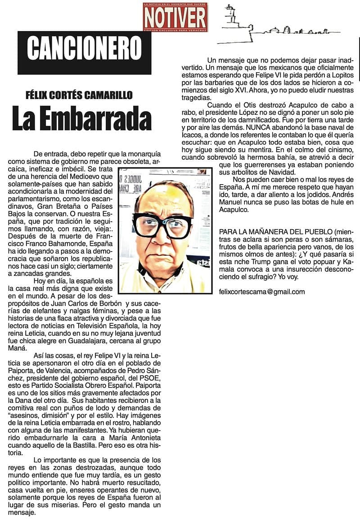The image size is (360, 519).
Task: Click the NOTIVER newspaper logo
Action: tap(175, 17)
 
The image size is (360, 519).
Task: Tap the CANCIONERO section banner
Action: tap(84, 48)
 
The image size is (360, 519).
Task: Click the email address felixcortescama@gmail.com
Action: tap(261, 292)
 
